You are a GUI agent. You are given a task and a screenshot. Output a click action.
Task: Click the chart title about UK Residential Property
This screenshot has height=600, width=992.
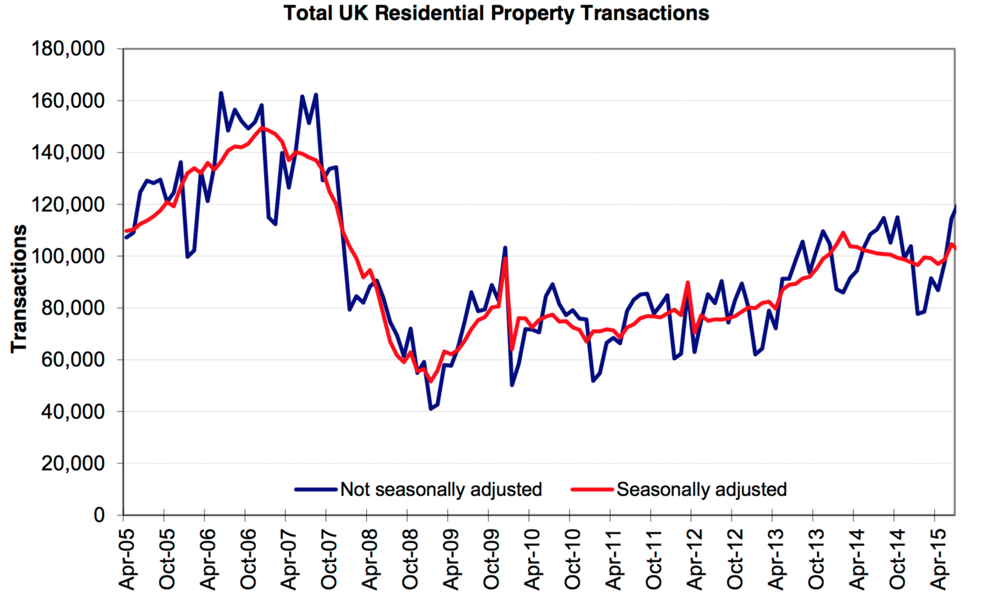click(x=496, y=13)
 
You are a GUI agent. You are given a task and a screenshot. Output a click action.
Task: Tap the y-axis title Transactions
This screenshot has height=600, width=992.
click(x=19, y=288)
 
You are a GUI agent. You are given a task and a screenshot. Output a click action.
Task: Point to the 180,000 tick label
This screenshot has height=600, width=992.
click(x=68, y=49)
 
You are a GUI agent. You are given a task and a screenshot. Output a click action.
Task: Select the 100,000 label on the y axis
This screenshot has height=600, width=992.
click(x=68, y=256)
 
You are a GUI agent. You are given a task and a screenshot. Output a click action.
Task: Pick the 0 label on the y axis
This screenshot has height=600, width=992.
click(x=99, y=515)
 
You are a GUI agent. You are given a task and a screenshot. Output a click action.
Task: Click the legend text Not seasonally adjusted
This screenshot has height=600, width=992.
click(x=441, y=489)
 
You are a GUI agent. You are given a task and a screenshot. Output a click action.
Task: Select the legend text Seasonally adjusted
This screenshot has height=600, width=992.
click(x=701, y=489)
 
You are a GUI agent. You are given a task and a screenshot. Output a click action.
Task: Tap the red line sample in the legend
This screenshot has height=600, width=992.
click(x=592, y=489)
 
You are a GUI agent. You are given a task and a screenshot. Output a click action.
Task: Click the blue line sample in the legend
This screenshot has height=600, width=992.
click(x=316, y=489)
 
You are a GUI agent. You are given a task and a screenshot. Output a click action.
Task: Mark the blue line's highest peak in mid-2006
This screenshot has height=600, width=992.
click(x=221, y=93)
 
